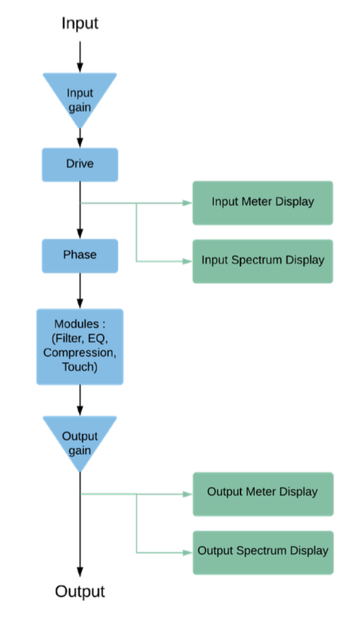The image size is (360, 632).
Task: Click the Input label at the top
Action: (x=80, y=23)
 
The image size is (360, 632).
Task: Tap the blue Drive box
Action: (x=80, y=165)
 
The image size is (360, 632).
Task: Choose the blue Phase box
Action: (x=80, y=256)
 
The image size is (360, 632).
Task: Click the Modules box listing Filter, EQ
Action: (x=80, y=346)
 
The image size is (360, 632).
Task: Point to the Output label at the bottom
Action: (x=80, y=591)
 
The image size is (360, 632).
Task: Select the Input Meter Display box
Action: (x=262, y=202)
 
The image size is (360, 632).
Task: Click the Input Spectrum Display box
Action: (x=262, y=261)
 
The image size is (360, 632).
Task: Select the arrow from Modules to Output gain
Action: (x=80, y=400)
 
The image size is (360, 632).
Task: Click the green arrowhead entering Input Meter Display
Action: (x=188, y=203)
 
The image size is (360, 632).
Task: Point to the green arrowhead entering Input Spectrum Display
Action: (x=188, y=261)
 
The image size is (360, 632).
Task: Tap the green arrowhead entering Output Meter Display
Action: (x=188, y=494)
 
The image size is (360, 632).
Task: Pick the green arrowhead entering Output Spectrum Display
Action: (x=188, y=552)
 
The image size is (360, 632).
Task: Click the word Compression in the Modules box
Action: (x=80, y=353)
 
